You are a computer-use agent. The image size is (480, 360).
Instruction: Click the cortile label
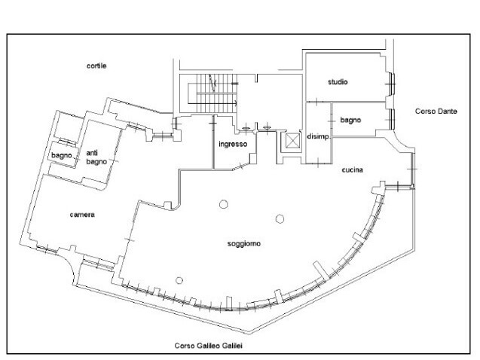96,66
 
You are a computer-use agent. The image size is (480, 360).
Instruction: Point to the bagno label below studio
350,119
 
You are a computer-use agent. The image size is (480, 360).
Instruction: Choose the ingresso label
233,144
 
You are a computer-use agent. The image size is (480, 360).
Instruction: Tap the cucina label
353,170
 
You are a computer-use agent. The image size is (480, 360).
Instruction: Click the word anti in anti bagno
93,152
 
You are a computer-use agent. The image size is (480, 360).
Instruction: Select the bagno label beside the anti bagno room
61,156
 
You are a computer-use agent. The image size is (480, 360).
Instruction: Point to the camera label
82,215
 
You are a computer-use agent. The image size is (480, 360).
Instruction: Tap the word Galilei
235,346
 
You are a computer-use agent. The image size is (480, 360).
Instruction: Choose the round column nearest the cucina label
280,218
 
